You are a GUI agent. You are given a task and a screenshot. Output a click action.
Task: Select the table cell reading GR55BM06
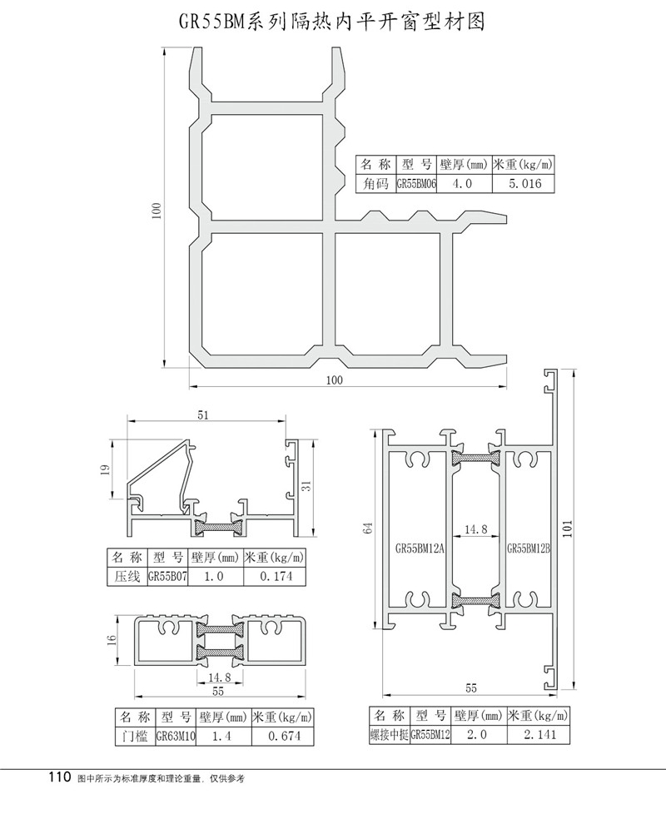click(x=415, y=185)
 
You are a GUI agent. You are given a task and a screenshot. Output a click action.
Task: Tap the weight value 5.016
click(x=524, y=185)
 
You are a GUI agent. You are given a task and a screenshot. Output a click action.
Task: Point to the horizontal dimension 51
click(x=204, y=414)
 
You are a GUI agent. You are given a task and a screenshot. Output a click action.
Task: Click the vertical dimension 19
click(x=105, y=471)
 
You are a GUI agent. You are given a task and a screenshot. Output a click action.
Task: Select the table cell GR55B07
click(x=168, y=575)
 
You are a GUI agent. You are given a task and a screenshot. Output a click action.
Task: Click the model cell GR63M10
click(x=175, y=736)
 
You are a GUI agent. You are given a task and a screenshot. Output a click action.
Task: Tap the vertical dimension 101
click(x=569, y=531)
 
